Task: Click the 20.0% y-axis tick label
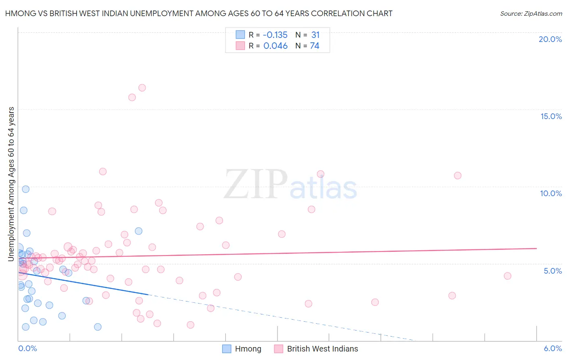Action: pos(550,39)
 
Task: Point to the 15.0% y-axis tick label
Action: pos(551,116)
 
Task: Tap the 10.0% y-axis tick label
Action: pos(551,193)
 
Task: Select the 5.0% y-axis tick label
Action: pos(552,271)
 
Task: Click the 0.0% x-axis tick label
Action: pos(27,348)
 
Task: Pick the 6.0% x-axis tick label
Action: pos(552,348)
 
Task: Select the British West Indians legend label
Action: pos(322,349)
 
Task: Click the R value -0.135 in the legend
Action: pos(275,35)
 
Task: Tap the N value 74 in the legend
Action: pos(315,46)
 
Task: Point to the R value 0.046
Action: pos(275,46)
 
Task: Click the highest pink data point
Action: pos(142,88)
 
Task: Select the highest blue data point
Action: pos(25,189)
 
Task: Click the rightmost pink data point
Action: pos(507,276)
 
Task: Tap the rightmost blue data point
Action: pos(138,231)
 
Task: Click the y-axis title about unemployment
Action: pos(11,184)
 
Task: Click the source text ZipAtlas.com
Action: pos(531,14)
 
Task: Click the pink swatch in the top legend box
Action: pos(240,46)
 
